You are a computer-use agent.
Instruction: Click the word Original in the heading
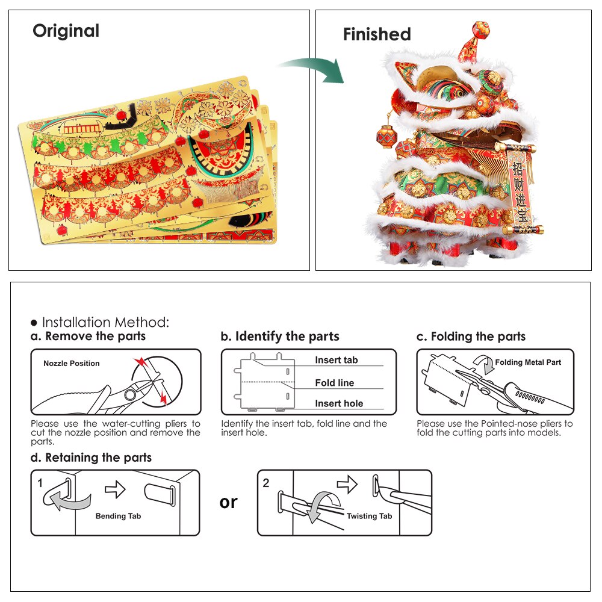click(x=66, y=31)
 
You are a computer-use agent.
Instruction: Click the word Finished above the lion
click(x=377, y=34)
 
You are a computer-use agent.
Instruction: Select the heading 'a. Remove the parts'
click(x=88, y=337)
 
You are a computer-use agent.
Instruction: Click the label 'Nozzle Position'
click(x=72, y=363)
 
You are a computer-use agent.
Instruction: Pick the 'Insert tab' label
click(x=336, y=360)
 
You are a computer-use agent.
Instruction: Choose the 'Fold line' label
click(x=334, y=383)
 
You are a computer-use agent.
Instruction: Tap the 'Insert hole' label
click(x=339, y=404)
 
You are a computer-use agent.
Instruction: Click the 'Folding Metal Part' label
click(x=528, y=362)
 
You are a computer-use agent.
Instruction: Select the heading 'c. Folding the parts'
click(x=471, y=337)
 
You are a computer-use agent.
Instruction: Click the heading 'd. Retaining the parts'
click(x=92, y=458)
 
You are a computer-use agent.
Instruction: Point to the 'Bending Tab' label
click(x=118, y=516)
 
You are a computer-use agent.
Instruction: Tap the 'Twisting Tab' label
click(x=369, y=516)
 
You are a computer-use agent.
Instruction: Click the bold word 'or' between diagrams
click(x=229, y=502)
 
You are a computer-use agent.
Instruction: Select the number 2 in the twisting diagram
click(x=265, y=483)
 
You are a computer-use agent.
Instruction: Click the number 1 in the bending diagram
click(x=40, y=483)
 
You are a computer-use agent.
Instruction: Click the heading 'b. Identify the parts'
click(x=280, y=337)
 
